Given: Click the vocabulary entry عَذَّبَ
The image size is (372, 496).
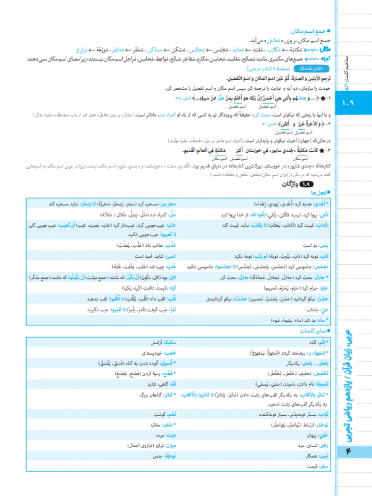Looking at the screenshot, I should pyautogui.click(x=169, y=245).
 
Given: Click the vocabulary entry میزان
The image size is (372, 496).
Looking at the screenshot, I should pyautogui.click(x=169, y=445).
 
